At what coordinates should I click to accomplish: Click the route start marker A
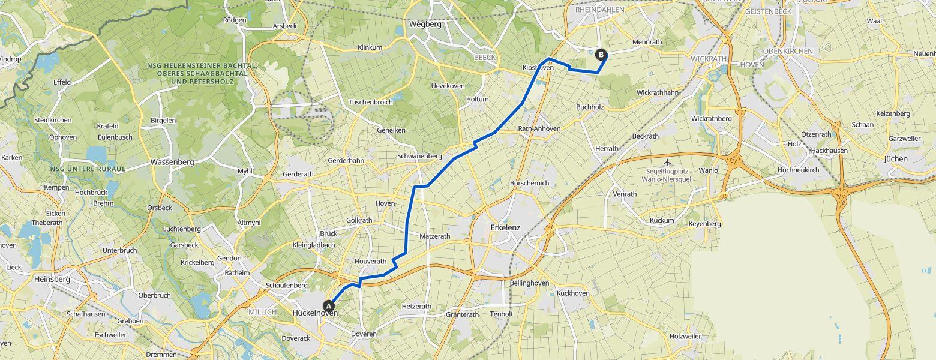click(329, 305)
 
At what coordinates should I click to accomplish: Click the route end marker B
click(601, 55)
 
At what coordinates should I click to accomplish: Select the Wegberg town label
click(425, 25)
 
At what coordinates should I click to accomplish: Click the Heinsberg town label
click(52, 279)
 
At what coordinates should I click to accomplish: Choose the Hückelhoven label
click(314, 313)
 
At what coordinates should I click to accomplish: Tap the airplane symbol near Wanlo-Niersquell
click(667, 163)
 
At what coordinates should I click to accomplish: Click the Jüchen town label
click(896, 159)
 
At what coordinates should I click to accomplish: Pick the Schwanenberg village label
click(419, 156)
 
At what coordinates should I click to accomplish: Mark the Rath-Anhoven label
click(539, 128)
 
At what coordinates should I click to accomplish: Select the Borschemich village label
click(529, 183)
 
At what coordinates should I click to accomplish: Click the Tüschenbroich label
click(370, 102)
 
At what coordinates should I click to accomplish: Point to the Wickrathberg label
click(711, 119)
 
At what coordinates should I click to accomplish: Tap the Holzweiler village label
click(685, 336)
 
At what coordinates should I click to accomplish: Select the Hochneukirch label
click(797, 170)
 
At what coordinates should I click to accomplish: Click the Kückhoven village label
click(573, 293)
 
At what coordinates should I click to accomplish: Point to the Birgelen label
click(163, 120)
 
